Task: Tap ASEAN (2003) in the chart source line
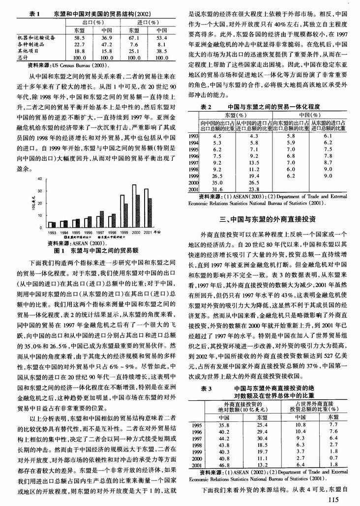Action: [x=91, y=242]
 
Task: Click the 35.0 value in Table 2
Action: [x=217, y=181]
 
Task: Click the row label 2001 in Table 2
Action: [x=194, y=188]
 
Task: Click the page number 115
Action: [x=333, y=499]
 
